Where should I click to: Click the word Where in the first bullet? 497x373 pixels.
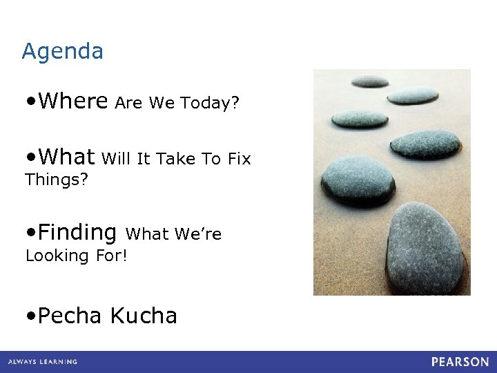point(73,102)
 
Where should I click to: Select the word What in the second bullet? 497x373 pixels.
point(66,157)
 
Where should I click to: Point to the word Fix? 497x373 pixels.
point(239,159)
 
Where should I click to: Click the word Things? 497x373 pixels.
point(56,181)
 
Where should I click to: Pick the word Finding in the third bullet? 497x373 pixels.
point(77,232)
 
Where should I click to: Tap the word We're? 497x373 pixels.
point(198,234)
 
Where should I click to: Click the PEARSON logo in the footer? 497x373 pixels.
point(460,362)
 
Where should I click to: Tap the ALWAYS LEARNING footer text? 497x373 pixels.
point(43,362)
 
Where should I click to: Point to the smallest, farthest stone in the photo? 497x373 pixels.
point(370,82)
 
